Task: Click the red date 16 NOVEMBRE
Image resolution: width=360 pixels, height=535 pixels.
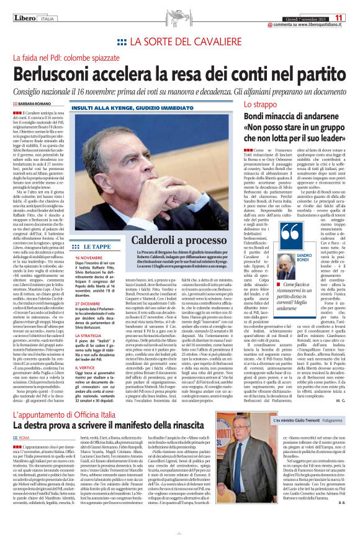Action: [89, 256]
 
